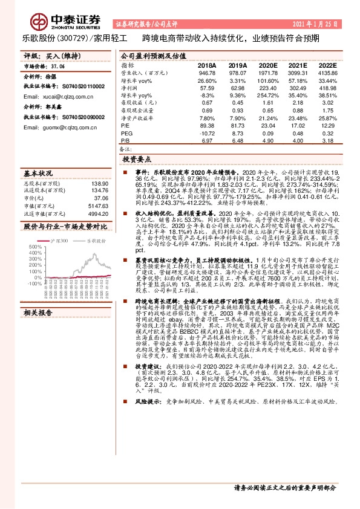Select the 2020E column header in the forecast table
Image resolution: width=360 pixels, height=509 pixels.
(x=267, y=65)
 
